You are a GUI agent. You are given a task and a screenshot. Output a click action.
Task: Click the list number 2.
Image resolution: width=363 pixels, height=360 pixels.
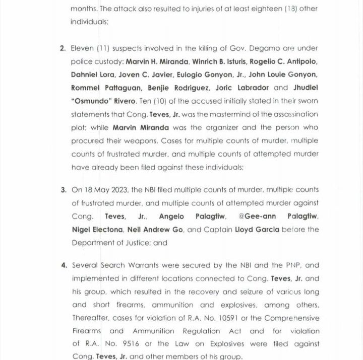(x=63, y=48)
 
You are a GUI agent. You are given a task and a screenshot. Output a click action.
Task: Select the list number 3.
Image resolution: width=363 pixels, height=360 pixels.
(x=63, y=190)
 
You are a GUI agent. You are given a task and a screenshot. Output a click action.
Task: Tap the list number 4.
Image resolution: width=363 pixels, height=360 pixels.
(x=64, y=265)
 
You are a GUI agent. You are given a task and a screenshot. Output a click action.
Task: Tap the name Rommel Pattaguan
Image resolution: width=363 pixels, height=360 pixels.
(x=100, y=88)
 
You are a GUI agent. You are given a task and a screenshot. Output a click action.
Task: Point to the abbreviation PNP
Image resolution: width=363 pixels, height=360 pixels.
(x=289, y=265)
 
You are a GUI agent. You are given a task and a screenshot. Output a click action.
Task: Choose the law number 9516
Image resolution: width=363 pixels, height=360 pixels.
(x=125, y=344)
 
